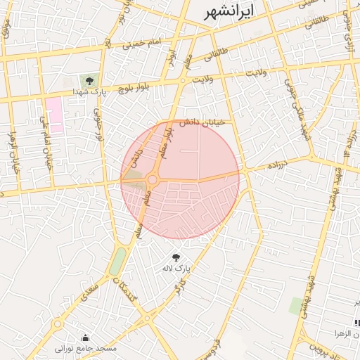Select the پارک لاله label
pyautogui.click(x=176, y=268)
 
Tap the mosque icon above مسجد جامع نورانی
pyautogui.click(x=86, y=337)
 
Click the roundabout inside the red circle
pyautogui.click(x=153, y=181)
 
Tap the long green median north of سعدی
pyautogui.click(x=118, y=261)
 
